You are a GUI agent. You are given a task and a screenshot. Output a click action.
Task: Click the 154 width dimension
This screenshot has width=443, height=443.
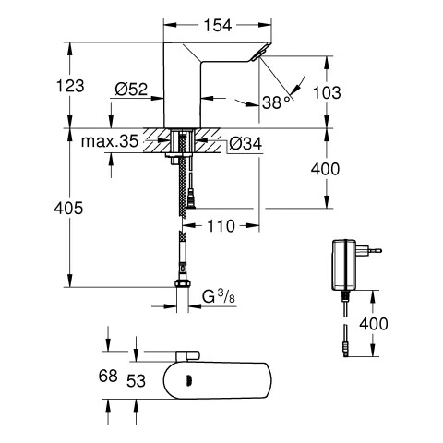coord(218,25)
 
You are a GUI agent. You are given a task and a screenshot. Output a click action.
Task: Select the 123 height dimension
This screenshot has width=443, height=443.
coord(70,86)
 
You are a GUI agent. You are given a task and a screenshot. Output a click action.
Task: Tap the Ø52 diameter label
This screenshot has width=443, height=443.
coord(131,90)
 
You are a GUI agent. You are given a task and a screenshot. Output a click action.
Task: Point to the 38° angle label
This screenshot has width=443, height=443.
coord(276,102)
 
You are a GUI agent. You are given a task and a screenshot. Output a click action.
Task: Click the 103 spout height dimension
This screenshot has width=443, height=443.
coord(327,92)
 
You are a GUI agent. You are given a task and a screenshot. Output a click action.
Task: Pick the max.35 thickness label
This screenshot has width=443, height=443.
coord(110,141)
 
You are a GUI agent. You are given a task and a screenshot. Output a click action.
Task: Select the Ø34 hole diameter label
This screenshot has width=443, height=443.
coord(245,143)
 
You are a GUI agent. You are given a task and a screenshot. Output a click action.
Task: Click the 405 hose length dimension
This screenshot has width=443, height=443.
coord(68,208)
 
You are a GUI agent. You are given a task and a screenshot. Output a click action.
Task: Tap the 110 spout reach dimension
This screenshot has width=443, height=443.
coord(221,226)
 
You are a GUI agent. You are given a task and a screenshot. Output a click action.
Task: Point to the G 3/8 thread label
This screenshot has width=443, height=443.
coord(219,297)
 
